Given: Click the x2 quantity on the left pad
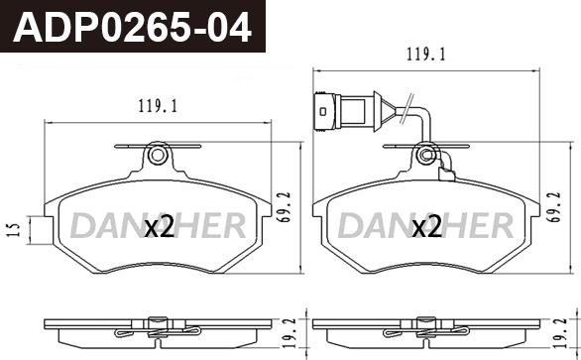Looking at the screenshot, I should pyautogui.click(x=159, y=228).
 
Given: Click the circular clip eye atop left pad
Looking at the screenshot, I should pyautogui.click(x=156, y=154).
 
